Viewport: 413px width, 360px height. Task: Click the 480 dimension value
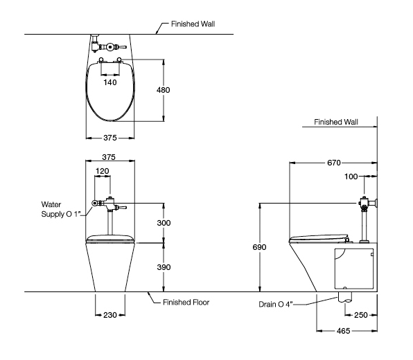click(163, 90)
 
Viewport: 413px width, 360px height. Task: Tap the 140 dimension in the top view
click(110, 82)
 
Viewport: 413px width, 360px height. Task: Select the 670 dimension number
click(334, 163)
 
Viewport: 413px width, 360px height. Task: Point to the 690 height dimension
click(259, 247)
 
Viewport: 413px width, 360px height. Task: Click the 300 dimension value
click(164, 223)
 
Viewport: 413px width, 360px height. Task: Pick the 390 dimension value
click(164, 267)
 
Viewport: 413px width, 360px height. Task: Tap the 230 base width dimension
click(110, 315)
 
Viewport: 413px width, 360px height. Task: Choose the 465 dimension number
click(343, 331)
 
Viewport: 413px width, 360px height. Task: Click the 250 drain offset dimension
click(360, 315)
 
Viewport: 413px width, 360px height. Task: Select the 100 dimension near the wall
click(351, 177)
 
